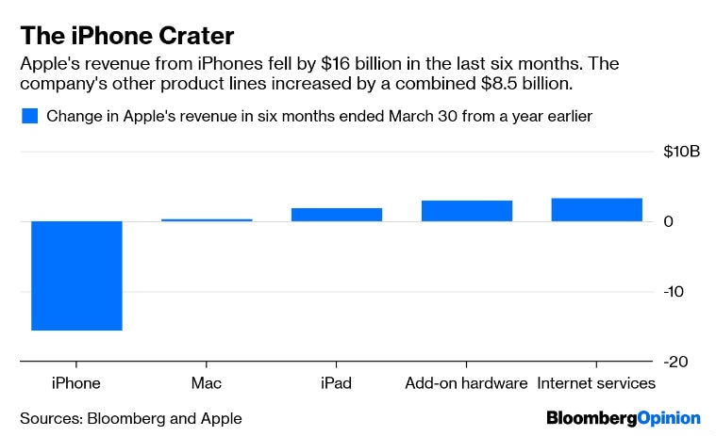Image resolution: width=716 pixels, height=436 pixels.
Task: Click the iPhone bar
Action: point(76,276)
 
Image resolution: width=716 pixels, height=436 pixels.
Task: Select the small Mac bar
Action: point(207,219)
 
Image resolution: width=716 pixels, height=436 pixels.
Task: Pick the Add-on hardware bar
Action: point(466,211)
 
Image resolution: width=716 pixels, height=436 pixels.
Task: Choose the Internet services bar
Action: point(596,210)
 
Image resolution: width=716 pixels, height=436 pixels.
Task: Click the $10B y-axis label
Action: point(679,151)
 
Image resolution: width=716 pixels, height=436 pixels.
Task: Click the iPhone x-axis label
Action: point(75,383)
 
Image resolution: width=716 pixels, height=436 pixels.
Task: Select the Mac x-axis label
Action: point(206,383)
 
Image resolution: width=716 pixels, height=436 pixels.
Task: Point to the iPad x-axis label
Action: point(336,383)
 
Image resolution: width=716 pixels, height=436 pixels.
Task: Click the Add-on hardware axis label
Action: point(466,383)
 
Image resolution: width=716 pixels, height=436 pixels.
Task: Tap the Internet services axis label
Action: point(596,383)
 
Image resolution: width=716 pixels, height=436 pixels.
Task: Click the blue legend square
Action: point(29,117)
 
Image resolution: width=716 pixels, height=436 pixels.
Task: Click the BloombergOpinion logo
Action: point(623,417)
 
